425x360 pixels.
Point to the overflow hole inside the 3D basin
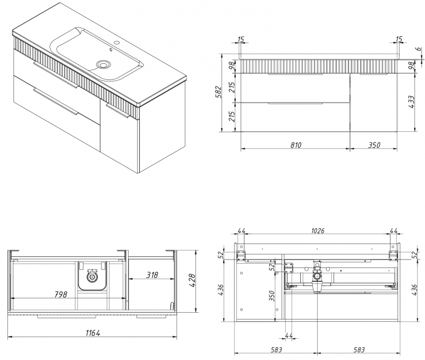pyautogui.click(x=111, y=51)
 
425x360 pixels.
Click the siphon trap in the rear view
pyautogui.click(x=318, y=277)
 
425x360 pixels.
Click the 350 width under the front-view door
pyautogui.click(x=373, y=145)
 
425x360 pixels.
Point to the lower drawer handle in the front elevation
pyautogui.click(x=295, y=104)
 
